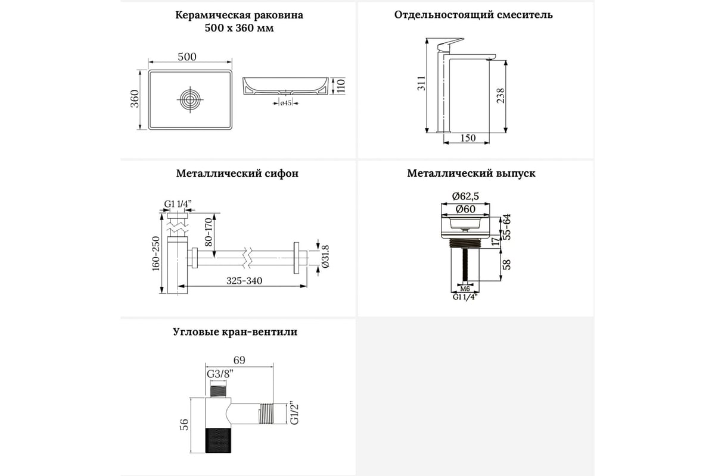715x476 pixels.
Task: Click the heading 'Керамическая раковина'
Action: click(239, 15)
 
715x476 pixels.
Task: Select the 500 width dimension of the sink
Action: click(187, 57)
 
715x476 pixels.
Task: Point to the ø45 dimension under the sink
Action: click(285, 104)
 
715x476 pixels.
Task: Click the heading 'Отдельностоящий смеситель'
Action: click(473, 15)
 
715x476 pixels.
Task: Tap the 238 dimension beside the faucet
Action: click(500, 95)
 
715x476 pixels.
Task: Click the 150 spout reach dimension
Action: click(468, 138)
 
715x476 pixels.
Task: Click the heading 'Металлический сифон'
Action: click(237, 174)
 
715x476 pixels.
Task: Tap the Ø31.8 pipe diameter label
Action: click(325, 256)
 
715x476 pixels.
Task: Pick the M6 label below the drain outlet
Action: click(465, 289)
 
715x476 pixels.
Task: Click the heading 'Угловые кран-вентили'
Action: click(235, 332)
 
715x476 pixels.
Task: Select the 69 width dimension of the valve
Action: click(238, 360)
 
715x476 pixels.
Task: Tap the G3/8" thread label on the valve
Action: click(219, 374)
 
